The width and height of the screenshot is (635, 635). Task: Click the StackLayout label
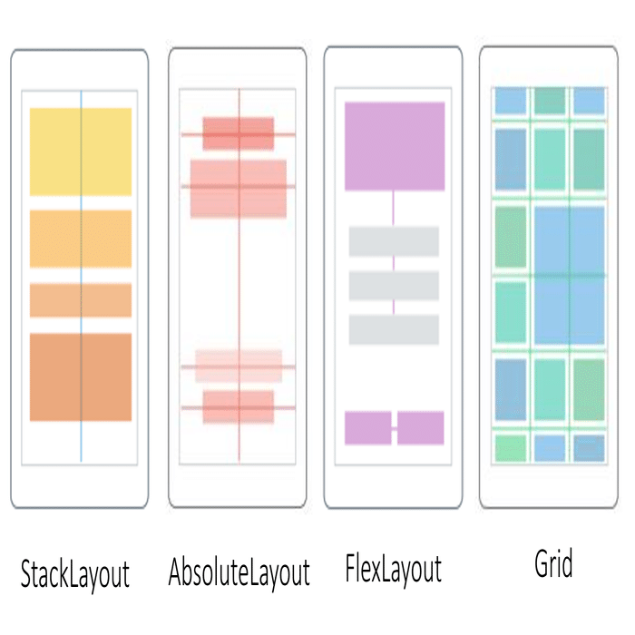point(75,574)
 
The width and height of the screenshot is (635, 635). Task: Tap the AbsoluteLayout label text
point(239,573)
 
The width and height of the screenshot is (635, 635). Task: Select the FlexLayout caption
point(393,570)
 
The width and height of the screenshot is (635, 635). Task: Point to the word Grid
point(553,563)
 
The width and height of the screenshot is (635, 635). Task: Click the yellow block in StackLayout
point(81,151)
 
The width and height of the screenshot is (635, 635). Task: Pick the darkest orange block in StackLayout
point(81,377)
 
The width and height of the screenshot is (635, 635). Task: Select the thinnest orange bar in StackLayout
point(81,300)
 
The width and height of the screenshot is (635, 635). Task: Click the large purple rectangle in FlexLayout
point(395,146)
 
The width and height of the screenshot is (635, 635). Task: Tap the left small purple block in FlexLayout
point(368,428)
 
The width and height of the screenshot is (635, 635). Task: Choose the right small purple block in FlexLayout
point(420,428)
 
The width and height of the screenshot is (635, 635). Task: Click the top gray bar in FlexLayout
point(394,242)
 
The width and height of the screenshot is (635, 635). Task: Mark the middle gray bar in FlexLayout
point(394,286)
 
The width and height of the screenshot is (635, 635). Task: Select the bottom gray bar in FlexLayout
point(394,329)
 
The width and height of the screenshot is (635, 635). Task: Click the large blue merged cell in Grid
point(569,276)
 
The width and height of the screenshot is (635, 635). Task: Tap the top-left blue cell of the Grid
point(510,101)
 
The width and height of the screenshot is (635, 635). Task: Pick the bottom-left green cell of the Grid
point(510,448)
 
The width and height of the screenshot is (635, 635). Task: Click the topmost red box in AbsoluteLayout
point(238,133)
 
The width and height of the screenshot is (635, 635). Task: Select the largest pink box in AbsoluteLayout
point(238,189)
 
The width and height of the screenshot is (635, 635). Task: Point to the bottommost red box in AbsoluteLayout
point(238,407)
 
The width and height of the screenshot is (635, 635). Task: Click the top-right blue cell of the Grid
point(589,101)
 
